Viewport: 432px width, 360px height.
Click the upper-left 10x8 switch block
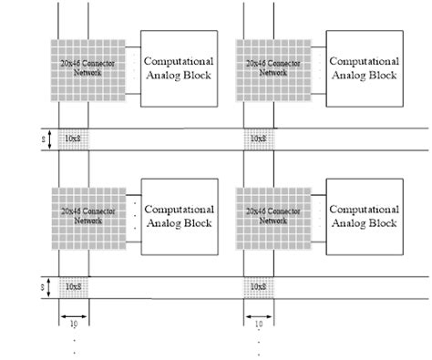coord(74,139)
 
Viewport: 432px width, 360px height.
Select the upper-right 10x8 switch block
coord(259,139)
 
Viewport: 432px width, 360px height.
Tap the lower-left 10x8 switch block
coord(74,287)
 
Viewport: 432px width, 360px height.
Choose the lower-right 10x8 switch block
coord(259,287)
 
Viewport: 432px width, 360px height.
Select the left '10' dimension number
coord(74,324)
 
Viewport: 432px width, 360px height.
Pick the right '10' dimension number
coord(259,324)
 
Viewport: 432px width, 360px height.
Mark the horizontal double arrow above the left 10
coord(74,315)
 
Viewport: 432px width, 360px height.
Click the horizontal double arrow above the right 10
coord(259,315)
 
